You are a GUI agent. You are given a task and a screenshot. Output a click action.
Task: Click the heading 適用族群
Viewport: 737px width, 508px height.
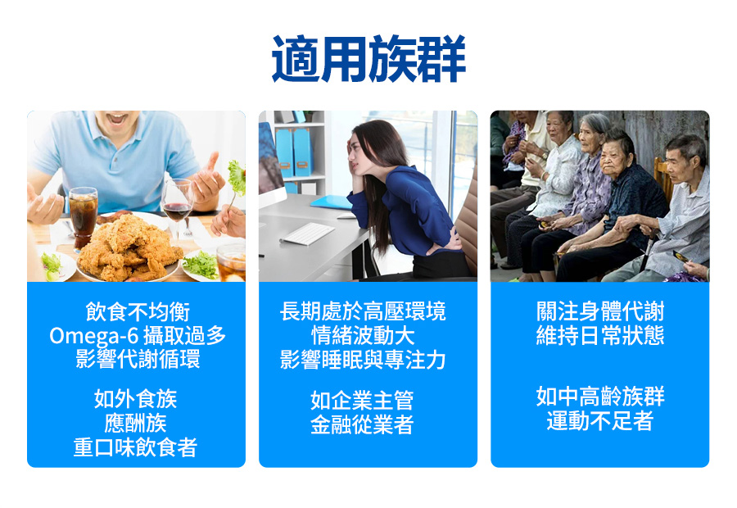coord(368,59)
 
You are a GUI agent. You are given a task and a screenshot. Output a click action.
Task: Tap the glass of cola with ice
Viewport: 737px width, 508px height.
coord(84,215)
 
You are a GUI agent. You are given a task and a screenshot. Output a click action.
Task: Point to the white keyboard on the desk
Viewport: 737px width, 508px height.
coord(307,233)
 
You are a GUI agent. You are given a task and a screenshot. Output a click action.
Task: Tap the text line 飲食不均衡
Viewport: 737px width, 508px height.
coord(137,312)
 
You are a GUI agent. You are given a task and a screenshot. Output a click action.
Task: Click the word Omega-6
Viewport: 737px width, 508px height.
coord(84,336)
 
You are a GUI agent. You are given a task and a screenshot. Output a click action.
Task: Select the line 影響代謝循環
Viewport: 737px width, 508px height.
coord(137,360)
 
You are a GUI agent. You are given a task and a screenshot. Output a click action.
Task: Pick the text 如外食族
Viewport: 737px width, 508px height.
coord(136,400)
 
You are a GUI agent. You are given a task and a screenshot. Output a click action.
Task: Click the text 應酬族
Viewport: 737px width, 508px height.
coord(136,424)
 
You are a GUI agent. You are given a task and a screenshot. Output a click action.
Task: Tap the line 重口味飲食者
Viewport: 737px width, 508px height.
coord(136,447)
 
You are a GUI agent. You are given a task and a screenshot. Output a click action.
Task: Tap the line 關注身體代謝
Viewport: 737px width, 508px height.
coord(600,312)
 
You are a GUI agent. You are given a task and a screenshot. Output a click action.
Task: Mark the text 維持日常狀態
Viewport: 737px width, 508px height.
coord(600,336)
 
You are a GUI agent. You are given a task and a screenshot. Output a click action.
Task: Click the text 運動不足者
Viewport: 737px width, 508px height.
coord(600,422)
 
